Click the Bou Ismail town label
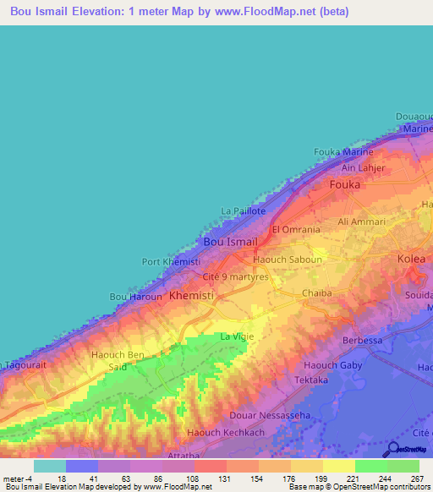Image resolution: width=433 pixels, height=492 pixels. pos(231,242)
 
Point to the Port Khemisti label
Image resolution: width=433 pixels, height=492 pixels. pos(171,262)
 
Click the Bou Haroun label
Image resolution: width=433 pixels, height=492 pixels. pos(135,297)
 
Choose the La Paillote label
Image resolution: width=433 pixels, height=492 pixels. pos(244,210)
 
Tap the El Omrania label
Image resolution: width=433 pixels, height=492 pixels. pos(296,230)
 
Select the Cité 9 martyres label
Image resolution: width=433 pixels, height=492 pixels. pos(236,277)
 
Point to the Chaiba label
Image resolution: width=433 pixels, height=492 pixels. pos(317,294)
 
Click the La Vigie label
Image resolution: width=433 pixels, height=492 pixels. pos(237,336)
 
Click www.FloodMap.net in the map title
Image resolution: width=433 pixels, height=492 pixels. pos(265,12)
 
